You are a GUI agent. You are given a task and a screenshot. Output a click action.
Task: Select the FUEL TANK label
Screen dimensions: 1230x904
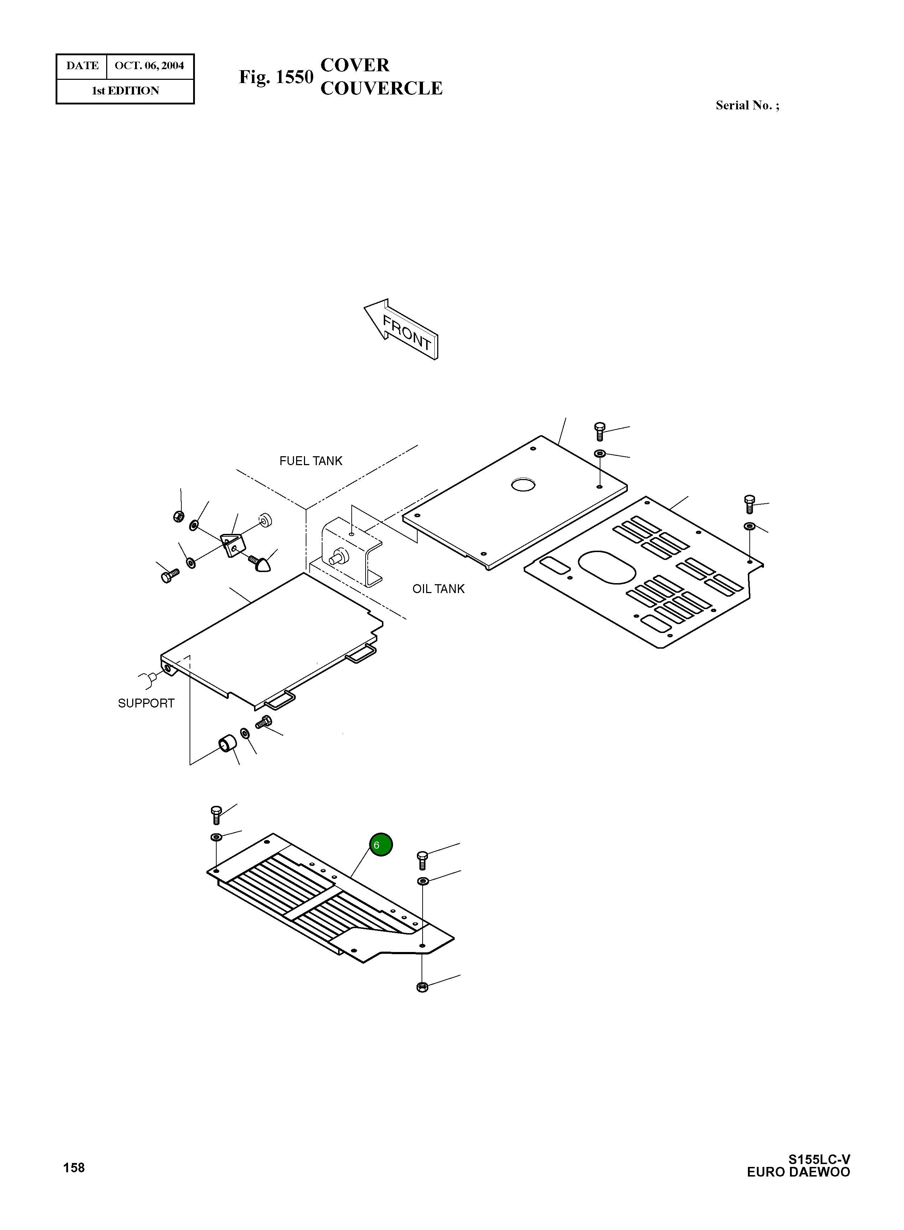(311, 461)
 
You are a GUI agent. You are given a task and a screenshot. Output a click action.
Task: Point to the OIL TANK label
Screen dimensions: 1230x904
(438, 589)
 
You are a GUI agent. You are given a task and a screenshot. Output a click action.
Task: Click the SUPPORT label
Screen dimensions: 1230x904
(146, 704)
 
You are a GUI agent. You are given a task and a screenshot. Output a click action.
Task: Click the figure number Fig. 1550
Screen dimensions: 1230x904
(276, 77)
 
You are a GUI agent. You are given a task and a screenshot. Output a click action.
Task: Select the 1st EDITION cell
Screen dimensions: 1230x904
(125, 91)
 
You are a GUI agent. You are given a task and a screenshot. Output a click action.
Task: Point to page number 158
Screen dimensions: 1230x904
(74, 1168)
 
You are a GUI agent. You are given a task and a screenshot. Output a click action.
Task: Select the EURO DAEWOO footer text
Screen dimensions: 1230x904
(799, 1172)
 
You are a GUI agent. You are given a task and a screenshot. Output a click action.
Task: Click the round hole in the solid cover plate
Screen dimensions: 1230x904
(523, 484)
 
